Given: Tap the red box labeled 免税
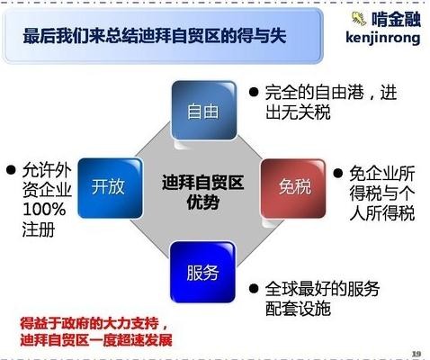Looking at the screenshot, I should click(293, 187).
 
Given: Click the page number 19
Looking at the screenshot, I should click(415, 352).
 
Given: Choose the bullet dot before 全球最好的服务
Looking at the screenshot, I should click(254, 290).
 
